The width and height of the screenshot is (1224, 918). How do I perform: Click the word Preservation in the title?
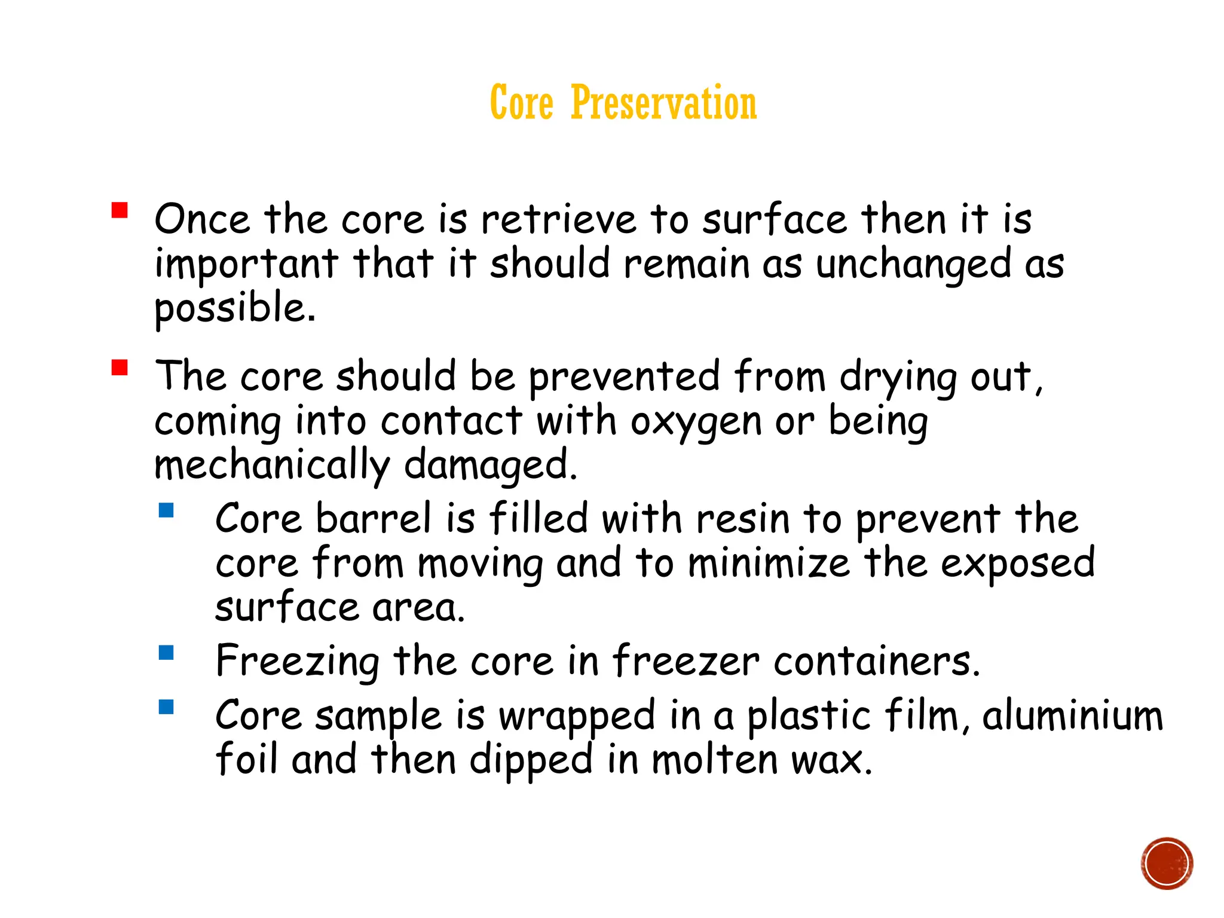point(663,103)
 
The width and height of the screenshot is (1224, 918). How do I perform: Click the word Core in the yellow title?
point(521,103)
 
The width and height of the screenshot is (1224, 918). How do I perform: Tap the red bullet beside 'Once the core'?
point(120,211)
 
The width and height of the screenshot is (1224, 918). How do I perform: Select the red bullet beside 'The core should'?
point(120,367)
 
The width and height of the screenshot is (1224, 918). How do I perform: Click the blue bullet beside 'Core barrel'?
point(166,510)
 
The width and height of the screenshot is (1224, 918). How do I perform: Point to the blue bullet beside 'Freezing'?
point(166,653)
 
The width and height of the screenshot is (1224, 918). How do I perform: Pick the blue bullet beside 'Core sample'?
point(166,708)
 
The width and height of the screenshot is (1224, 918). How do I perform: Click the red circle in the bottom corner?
point(1167,864)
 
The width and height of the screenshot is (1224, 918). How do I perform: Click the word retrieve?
point(559,219)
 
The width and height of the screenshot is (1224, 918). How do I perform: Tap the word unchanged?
point(913,265)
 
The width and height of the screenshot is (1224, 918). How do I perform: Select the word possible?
point(234,308)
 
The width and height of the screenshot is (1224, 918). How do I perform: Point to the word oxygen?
point(696,422)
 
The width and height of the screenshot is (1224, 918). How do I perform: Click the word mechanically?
point(272,466)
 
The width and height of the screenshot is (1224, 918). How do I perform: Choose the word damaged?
point(490,466)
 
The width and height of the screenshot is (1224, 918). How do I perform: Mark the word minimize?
point(769,563)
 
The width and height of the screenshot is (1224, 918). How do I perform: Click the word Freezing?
point(297,662)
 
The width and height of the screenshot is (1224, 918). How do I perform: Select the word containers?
point(877,662)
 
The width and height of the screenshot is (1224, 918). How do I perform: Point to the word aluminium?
point(1072,715)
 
